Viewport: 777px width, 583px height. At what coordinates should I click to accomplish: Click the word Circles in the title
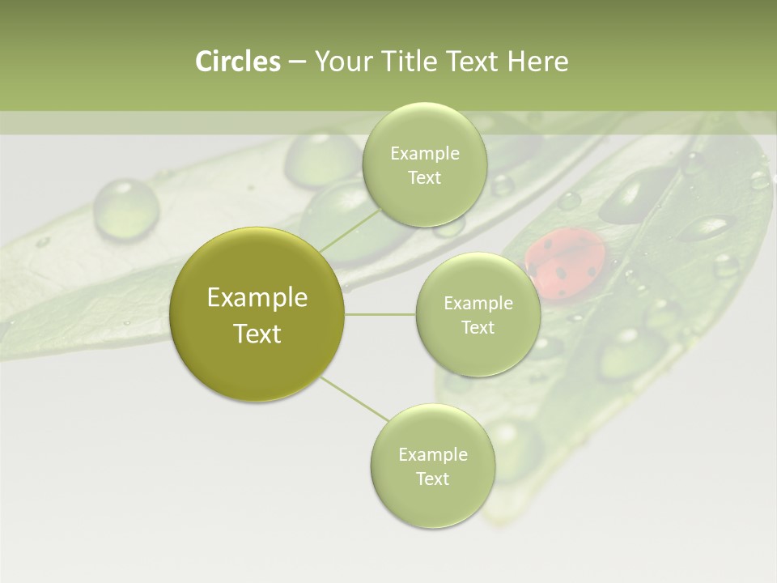pos(237,62)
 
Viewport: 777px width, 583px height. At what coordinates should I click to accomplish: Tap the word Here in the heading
pos(537,62)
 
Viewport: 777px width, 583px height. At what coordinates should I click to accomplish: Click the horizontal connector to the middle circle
pos(380,314)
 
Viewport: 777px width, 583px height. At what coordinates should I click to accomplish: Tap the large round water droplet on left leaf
pos(125,207)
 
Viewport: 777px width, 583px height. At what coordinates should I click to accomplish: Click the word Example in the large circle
pos(257,297)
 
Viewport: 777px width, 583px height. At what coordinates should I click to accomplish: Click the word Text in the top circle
pos(424,178)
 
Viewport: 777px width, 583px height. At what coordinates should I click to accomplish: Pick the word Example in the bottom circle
pos(432,454)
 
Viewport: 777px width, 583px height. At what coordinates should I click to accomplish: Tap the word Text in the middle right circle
pos(478,327)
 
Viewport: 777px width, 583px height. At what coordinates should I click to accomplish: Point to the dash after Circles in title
pos(296,62)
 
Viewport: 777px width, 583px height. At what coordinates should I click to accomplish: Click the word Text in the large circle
pos(257,334)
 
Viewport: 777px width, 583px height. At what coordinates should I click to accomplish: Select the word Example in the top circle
pos(424,153)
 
